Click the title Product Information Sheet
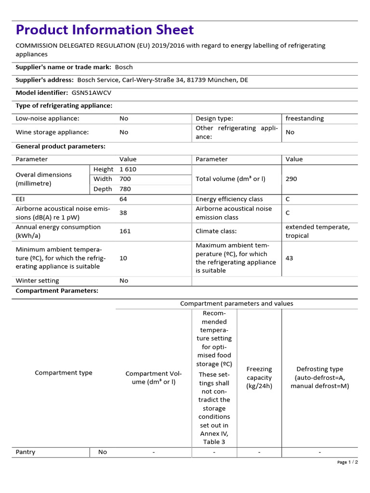click(105, 30)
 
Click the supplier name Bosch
click(124, 67)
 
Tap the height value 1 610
click(128, 169)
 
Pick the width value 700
click(125, 179)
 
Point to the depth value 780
click(125, 189)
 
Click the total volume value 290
click(291, 179)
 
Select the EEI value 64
click(123, 199)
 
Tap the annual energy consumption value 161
click(125, 231)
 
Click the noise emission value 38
click(123, 213)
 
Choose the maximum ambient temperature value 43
click(289, 258)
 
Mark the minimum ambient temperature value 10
click(123, 258)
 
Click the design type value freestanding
click(304, 118)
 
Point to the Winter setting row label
click(38, 281)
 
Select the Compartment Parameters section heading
click(57, 291)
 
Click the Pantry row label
click(26, 452)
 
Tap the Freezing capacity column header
click(259, 377)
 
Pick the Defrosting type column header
click(319, 377)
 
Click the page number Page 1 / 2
click(347, 462)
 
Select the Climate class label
click(216, 231)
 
